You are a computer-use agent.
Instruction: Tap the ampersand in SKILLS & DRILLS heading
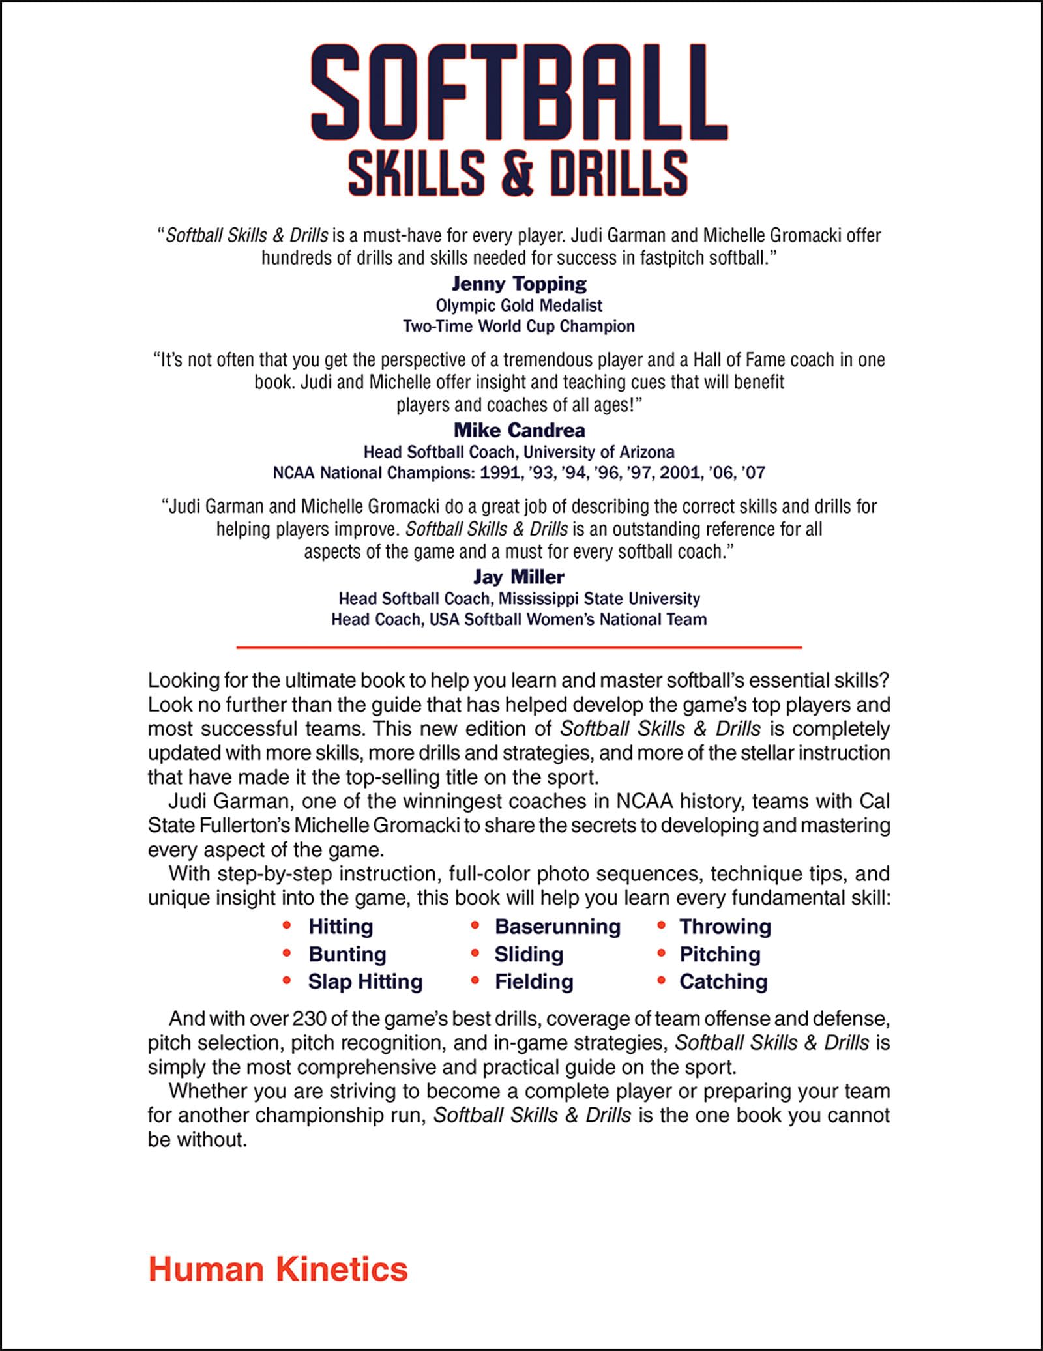[x=519, y=173]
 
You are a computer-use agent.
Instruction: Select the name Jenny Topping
[x=519, y=283]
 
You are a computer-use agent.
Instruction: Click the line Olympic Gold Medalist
[x=519, y=305]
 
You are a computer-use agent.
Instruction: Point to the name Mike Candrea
[x=519, y=430]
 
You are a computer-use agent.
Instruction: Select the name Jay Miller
[x=519, y=577]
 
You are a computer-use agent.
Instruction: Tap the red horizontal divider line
[x=519, y=647]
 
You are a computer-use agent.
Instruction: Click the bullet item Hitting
[x=340, y=926]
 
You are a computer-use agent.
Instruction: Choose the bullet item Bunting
[x=347, y=954]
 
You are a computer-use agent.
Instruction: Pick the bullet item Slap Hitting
[x=365, y=981]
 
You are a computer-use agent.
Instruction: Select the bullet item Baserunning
[x=557, y=926]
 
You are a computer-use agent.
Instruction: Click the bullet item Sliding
[x=529, y=954]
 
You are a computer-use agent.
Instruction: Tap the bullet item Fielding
[x=534, y=981]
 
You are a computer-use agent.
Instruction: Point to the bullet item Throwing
[x=725, y=926]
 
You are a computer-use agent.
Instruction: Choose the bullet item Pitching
[x=720, y=954]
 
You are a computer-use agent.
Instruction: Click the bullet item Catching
[x=724, y=981]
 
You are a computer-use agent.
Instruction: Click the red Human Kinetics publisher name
[x=278, y=1270]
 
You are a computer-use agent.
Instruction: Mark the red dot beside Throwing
[x=661, y=925]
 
